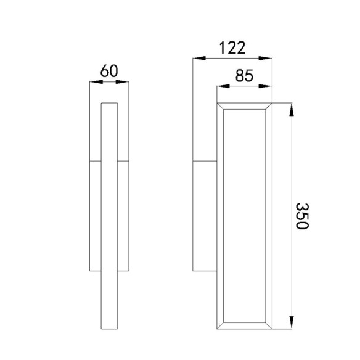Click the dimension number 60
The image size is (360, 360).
(109, 71)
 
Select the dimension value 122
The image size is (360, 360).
(232, 47)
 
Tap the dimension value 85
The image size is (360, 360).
(244, 76)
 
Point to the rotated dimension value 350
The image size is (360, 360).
(301, 216)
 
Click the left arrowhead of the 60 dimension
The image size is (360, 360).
(95, 83)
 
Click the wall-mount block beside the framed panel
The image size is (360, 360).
(205, 216)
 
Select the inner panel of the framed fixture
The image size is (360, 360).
(245, 216)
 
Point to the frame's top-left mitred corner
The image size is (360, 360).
(221, 106)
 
